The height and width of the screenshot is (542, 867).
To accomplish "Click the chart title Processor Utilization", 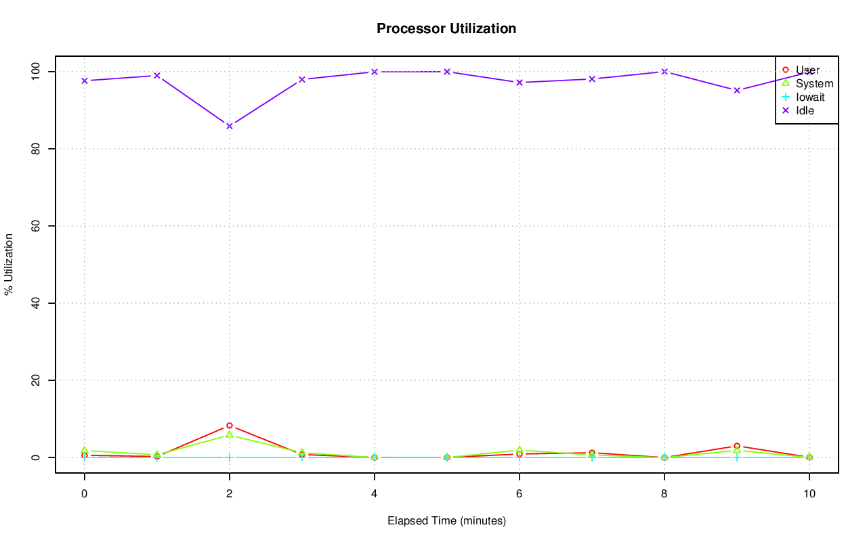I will point(446,28).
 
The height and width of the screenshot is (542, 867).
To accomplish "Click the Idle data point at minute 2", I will point(230,126).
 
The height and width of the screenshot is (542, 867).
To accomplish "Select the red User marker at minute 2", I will point(230,426).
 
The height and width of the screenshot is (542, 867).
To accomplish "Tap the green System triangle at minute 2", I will point(230,434).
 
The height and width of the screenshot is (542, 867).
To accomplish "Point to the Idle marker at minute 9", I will point(737,90).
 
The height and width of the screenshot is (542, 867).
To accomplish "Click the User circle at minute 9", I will point(737,446).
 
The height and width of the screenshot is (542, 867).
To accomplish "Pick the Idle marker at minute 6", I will point(520,83).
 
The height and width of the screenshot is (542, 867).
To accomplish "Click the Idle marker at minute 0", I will point(85,81).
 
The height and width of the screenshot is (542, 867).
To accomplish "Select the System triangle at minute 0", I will point(85,450).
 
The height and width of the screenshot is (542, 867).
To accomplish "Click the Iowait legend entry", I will point(810,97).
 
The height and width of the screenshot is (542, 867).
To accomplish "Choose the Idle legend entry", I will point(805,110).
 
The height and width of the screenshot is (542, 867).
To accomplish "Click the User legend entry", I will point(807,70).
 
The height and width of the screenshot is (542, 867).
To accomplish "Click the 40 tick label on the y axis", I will point(36,303).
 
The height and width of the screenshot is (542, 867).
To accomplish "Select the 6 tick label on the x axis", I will point(520,494).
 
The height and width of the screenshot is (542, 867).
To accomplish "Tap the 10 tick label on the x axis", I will point(809,494).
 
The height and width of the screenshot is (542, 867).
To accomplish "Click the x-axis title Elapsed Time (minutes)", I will point(446,521).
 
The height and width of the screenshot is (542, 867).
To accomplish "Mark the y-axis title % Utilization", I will point(9,265).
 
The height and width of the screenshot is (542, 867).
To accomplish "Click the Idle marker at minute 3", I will point(302,79).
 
